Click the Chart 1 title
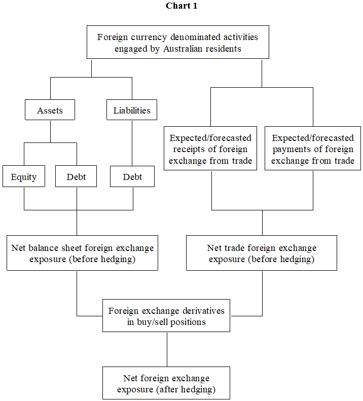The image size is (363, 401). pyautogui.click(x=181, y=6)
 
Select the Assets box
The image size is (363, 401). pyautogui.click(x=50, y=111)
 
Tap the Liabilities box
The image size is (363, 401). pyautogui.click(x=132, y=111)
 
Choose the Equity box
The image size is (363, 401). pyautogui.click(x=24, y=177)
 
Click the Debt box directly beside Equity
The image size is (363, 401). pyautogui.click(x=76, y=177)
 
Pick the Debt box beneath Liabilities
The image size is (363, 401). pyautogui.click(x=132, y=177)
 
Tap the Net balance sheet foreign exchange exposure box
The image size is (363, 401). pyautogui.click(x=82, y=253)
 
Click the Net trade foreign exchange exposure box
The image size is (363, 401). pyautogui.click(x=262, y=253)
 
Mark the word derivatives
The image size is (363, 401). pyautogui.click(x=200, y=310)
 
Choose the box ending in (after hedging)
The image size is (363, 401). pyautogui.click(x=166, y=384)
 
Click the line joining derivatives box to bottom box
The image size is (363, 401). pyautogui.click(x=167, y=350)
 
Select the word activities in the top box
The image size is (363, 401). pyautogui.click(x=236, y=37)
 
